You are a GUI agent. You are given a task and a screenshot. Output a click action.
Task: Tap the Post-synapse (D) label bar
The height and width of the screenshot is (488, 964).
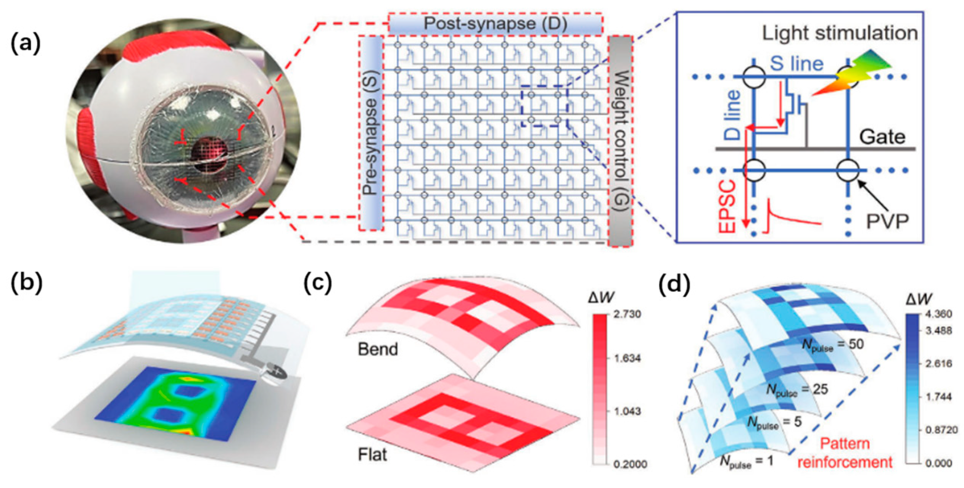pyautogui.click(x=495, y=24)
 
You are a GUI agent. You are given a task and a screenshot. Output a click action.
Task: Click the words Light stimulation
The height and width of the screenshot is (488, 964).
pyautogui.click(x=840, y=34)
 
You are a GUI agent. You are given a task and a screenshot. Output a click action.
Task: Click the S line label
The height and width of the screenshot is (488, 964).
pyautogui.click(x=797, y=64)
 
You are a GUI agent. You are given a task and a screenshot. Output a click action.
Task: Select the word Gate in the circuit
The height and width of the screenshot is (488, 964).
pyautogui.click(x=882, y=137)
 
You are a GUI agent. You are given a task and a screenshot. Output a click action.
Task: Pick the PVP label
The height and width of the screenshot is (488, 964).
pyautogui.click(x=887, y=221)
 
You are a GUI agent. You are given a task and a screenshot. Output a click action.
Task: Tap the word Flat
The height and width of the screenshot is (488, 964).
pyautogui.click(x=372, y=454)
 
